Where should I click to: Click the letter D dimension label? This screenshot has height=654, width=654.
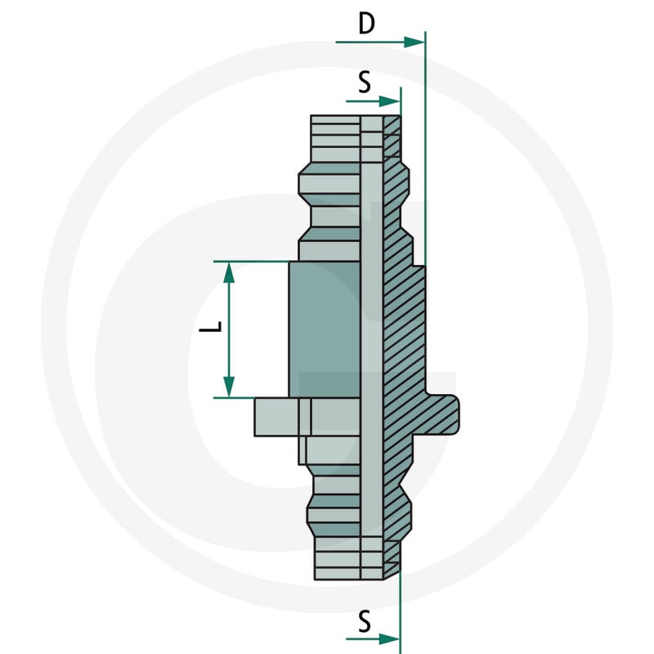click(x=366, y=24)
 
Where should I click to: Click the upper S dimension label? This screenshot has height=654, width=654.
click(x=365, y=83)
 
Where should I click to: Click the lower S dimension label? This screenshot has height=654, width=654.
click(x=365, y=622)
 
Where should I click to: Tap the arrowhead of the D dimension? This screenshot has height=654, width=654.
click(x=414, y=43)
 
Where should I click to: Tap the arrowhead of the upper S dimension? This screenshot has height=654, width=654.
click(x=389, y=101)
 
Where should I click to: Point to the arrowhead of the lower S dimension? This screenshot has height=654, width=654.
click(x=389, y=638)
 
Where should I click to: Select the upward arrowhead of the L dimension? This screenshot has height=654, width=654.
click(x=229, y=273)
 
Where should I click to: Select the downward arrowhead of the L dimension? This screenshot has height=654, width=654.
click(x=229, y=387)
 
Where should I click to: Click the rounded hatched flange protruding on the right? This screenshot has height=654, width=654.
click(x=442, y=415)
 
